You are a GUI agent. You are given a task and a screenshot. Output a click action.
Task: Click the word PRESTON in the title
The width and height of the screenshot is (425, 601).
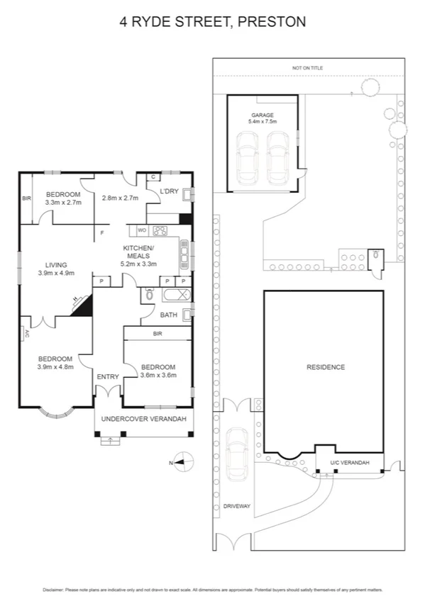pyautogui.click(x=272, y=22)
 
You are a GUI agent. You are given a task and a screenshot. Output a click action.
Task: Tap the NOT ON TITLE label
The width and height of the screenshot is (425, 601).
pyautogui.click(x=307, y=68)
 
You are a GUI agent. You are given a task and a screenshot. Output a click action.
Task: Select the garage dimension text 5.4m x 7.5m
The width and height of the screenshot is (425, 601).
pyautogui.click(x=262, y=122)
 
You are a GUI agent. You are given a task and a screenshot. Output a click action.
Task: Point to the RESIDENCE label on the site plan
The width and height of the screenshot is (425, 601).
pyautogui.click(x=326, y=367)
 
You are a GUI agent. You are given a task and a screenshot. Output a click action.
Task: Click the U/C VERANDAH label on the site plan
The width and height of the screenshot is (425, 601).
pyautogui.click(x=350, y=463)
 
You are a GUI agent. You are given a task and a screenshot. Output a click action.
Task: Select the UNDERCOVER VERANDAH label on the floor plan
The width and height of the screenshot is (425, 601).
pyautogui.click(x=143, y=420)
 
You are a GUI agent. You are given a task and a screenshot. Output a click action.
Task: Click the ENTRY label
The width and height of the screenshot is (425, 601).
pyautogui.click(x=108, y=376)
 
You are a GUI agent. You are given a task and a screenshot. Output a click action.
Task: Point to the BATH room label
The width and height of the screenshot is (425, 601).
pyautogui.click(x=168, y=315)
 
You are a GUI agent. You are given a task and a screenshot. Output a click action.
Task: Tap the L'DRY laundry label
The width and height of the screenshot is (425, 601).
pyautogui.click(x=169, y=191)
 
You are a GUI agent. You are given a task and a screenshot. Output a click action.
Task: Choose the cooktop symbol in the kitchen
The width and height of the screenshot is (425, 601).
pyautogui.click(x=160, y=230)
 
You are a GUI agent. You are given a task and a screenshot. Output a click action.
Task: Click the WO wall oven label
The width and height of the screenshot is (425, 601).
pyautogui.click(x=141, y=230)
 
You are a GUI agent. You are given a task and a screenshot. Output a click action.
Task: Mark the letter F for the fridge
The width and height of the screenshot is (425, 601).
pyautogui.click(x=102, y=232)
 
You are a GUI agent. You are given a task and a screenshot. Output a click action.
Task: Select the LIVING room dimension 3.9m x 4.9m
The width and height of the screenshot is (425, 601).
pyautogui.click(x=55, y=273)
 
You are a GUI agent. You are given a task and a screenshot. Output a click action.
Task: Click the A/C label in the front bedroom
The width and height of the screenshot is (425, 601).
pyautogui.click(x=26, y=332)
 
